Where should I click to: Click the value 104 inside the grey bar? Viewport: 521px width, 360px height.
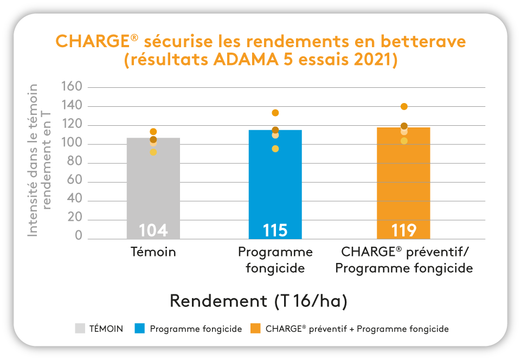153,230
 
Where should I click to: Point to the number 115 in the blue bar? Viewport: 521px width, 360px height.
275,230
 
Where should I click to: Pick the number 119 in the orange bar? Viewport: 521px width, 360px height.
404,230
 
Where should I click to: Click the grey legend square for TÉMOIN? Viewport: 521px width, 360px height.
80,329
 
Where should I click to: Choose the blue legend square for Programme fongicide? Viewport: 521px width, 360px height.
140,329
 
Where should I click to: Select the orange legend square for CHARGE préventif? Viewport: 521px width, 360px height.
255,329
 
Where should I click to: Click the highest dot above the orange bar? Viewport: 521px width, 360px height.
404,106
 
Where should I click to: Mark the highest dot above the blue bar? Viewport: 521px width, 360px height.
275,113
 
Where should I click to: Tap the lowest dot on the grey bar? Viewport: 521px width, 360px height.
153,152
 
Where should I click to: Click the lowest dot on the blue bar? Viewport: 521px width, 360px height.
275,149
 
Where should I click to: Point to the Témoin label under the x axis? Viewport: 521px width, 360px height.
153,252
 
